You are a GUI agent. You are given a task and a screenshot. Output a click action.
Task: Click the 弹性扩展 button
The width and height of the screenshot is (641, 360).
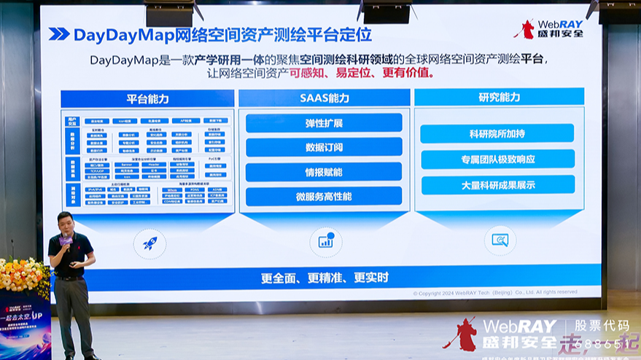pos(324,122)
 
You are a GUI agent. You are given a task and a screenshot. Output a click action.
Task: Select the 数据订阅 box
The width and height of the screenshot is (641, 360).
pos(324,147)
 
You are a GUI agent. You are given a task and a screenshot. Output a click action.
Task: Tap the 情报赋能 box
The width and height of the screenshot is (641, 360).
pos(324,172)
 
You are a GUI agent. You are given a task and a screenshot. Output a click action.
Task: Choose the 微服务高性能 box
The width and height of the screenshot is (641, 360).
pos(324,196)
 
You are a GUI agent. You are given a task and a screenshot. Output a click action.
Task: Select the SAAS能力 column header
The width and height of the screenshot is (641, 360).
pos(324,98)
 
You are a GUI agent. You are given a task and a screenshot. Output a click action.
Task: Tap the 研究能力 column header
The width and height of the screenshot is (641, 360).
pos(500,98)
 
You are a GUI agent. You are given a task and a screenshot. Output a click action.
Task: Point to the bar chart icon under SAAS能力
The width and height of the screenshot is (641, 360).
pos(325,241)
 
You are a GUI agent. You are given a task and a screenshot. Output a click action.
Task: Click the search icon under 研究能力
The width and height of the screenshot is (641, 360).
pos(500,240)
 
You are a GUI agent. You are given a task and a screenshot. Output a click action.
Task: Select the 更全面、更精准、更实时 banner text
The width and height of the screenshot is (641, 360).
pos(325,278)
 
